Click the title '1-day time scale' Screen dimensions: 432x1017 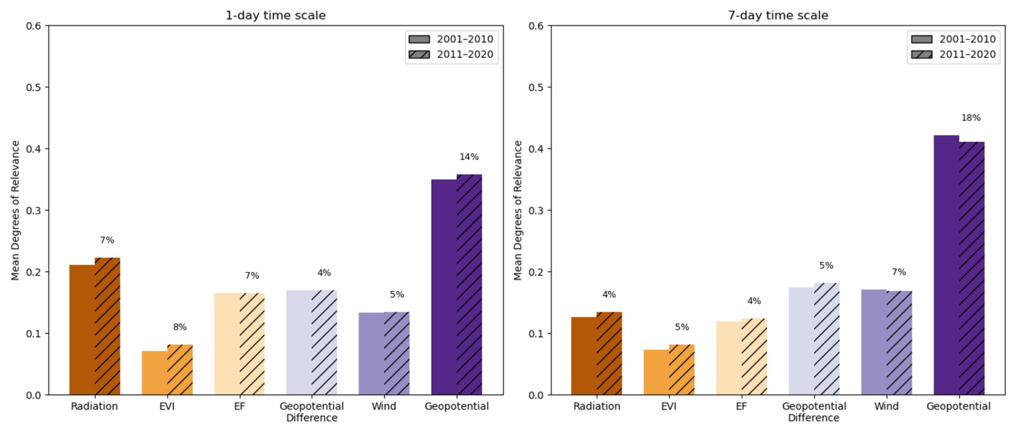(x=275, y=16)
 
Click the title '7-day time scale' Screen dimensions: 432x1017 (x=778, y=16)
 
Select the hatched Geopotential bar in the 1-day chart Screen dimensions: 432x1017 (x=469, y=285)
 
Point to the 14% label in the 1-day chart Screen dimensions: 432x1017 (x=469, y=157)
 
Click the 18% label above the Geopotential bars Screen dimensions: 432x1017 (x=971, y=118)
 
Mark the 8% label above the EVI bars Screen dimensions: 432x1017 (x=180, y=327)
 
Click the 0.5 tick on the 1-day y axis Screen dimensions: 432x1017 (x=33, y=87)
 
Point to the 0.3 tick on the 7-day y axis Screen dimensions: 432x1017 (x=536, y=210)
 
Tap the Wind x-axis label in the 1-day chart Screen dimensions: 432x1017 (x=384, y=406)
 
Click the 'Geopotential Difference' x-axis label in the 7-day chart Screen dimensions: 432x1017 (x=814, y=412)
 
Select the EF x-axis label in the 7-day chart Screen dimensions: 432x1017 (x=741, y=406)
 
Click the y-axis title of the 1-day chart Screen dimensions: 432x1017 (x=15, y=210)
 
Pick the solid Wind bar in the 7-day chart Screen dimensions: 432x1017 (x=874, y=342)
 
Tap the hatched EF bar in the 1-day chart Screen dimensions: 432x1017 (x=252, y=344)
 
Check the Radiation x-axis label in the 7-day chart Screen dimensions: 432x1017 (x=597, y=406)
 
